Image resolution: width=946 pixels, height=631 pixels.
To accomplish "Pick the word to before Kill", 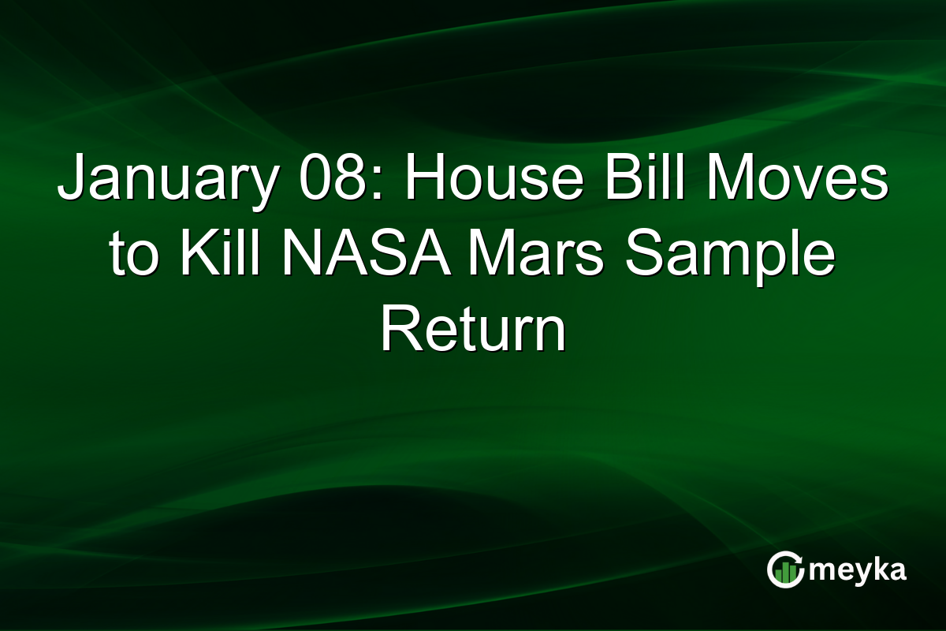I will pos(133,256).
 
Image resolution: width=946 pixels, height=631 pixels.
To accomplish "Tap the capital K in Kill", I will pos(196,256).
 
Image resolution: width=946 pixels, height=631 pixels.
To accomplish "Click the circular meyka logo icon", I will pos(786,569).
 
